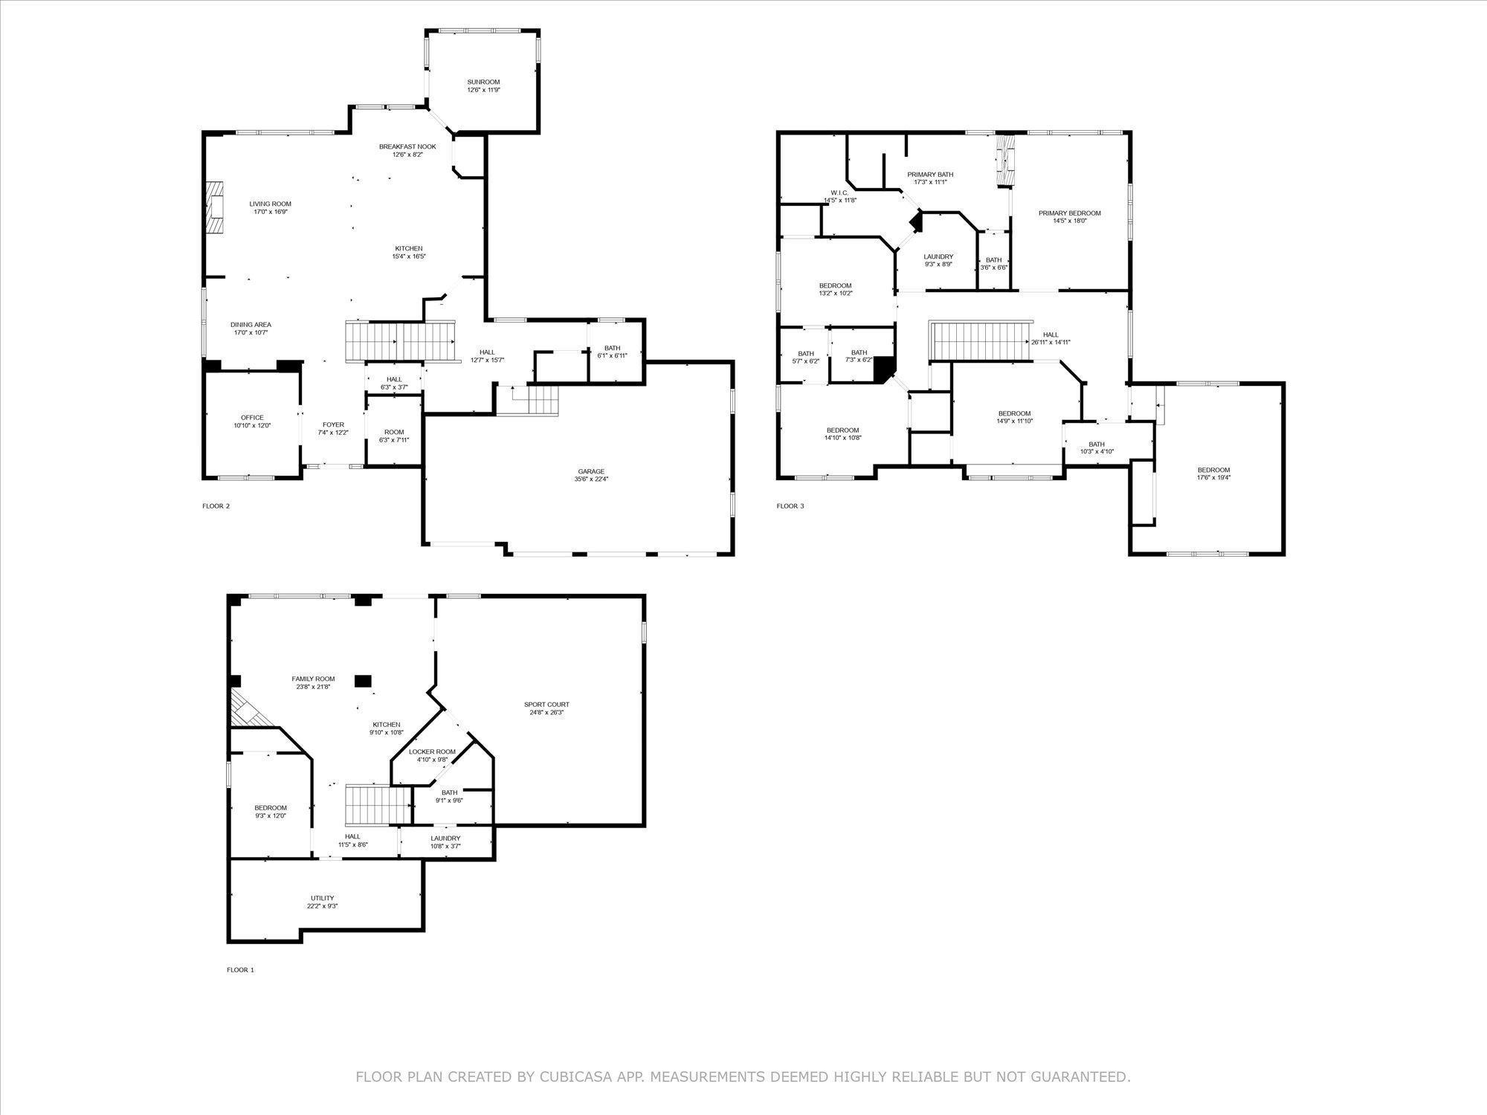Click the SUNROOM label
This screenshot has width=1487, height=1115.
coord(483,82)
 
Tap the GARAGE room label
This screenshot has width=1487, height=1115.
coord(591,471)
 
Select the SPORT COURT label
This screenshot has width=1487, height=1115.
coord(546,704)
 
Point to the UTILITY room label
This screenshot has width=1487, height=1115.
coord(322,898)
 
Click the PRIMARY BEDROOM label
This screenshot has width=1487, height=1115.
coord(1069,213)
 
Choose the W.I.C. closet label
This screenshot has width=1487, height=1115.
coord(839,193)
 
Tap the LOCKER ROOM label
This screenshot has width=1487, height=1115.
coord(432,752)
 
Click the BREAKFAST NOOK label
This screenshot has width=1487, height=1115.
coord(407,146)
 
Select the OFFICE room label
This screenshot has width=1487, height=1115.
coord(252,418)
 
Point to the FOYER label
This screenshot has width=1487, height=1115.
coord(333,424)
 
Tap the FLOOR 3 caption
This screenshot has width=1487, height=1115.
coord(790,506)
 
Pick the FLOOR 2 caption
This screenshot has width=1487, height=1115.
coord(216,506)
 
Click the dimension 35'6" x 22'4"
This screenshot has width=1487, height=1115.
coord(591,479)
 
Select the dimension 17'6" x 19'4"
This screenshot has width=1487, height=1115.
coord(1213,478)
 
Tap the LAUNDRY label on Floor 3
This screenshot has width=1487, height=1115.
coord(938,256)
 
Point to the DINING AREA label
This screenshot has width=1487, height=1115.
coord(251,325)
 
